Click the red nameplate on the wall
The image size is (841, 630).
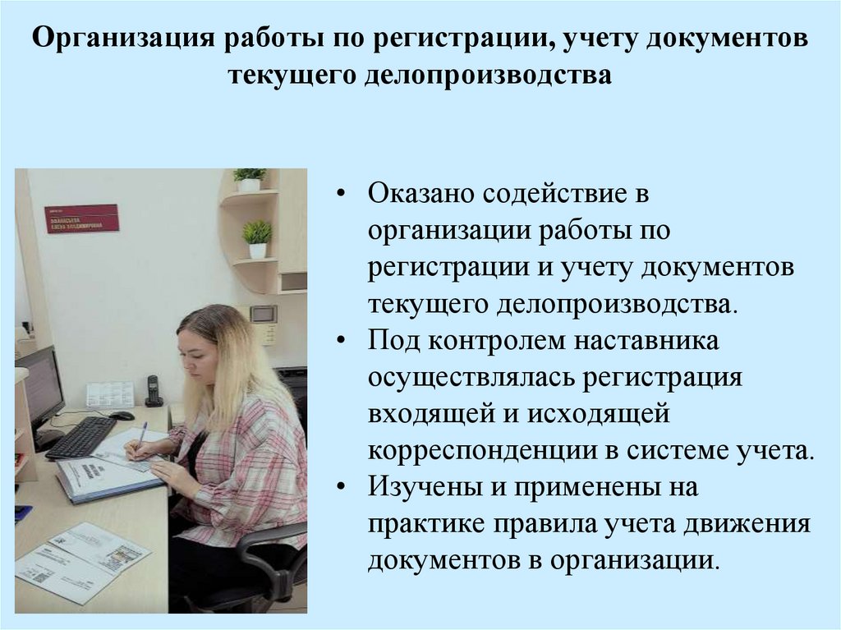81,218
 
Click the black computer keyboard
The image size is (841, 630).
81,437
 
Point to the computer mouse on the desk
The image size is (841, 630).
122,416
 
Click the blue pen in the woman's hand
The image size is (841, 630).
141,434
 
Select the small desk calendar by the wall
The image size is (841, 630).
109,393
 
